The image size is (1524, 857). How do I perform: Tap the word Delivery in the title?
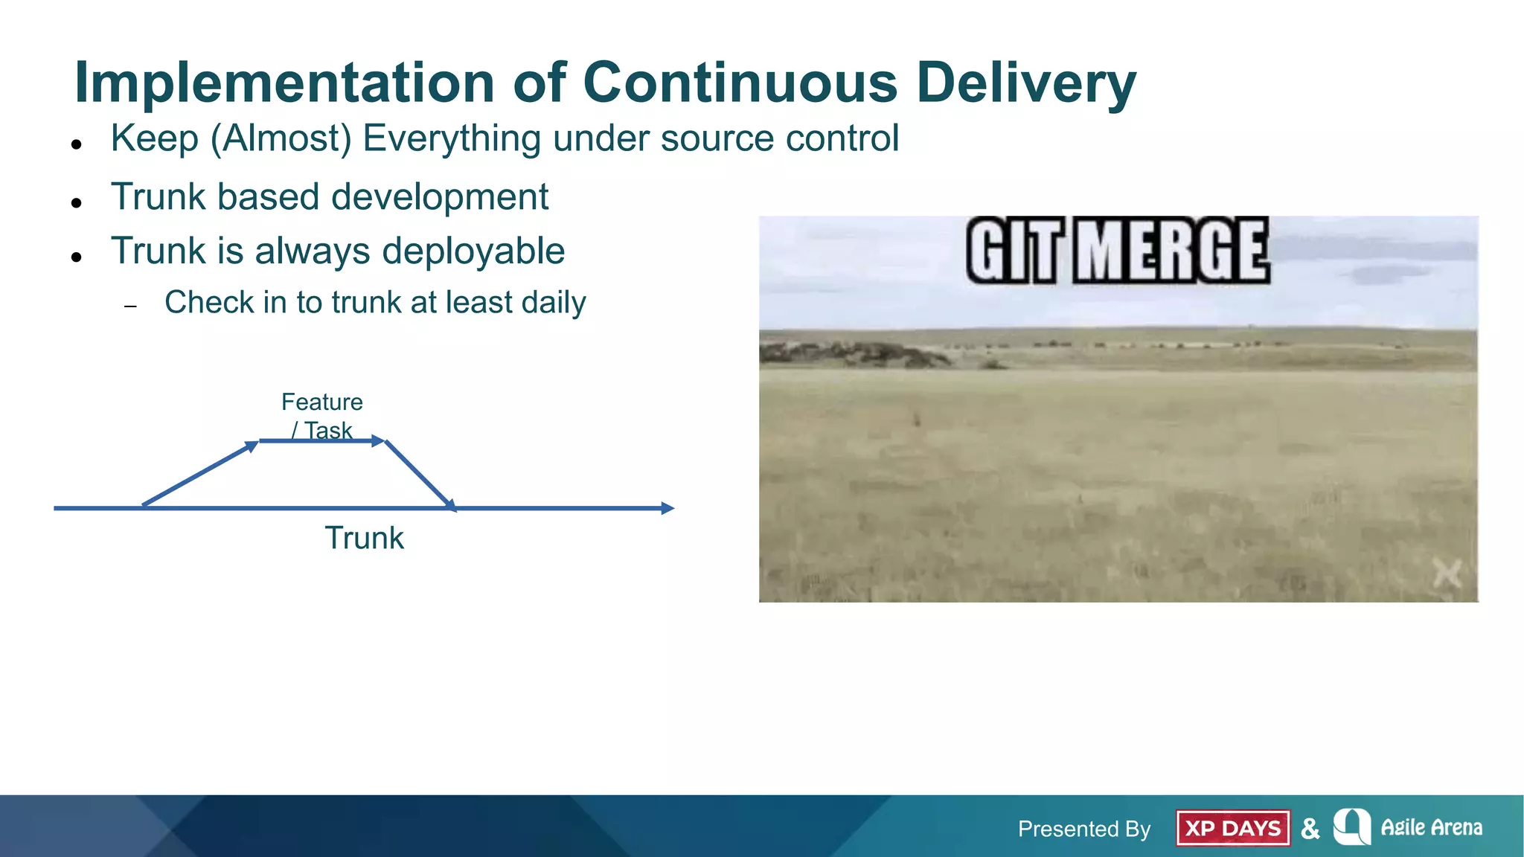(x=1026, y=83)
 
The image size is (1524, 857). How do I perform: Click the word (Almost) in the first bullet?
(x=281, y=139)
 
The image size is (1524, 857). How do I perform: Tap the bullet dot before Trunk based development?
(x=76, y=202)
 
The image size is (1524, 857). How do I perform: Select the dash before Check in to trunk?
(x=131, y=306)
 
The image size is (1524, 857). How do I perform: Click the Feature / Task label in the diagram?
(x=321, y=415)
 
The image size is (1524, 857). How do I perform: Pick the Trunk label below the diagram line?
(x=364, y=538)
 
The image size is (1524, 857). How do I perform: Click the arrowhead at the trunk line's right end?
(x=667, y=508)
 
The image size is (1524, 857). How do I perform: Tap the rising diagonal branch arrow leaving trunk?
(x=199, y=474)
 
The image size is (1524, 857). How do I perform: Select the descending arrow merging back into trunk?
(x=419, y=474)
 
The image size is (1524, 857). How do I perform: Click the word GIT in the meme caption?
(x=1012, y=251)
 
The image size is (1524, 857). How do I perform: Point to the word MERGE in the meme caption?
(x=1171, y=251)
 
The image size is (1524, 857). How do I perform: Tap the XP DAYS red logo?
(x=1232, y=828)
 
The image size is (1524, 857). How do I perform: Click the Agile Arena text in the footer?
(x=1431, y=827)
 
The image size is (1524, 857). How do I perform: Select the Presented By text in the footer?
(x=1083, y=829)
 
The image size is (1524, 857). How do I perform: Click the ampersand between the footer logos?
(x=1310, y=828)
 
